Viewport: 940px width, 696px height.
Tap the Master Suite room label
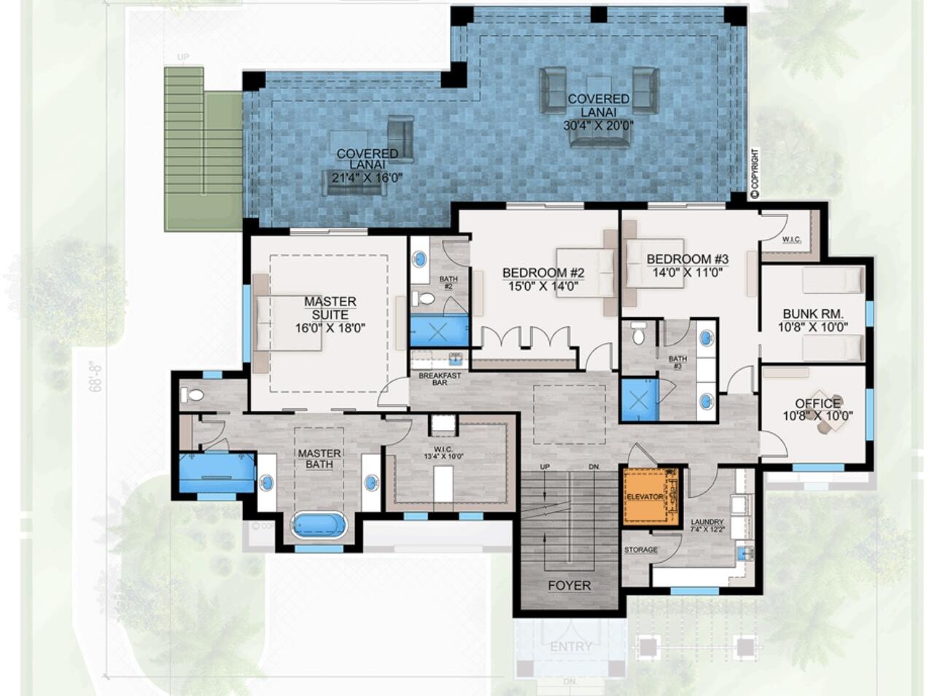coord(330,308)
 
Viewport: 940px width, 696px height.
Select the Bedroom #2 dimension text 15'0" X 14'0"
coord(543,286)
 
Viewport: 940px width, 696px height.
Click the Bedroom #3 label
coord(687,259)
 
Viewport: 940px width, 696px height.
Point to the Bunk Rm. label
coord(812,313)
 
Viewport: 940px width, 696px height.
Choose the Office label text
coord(817,403)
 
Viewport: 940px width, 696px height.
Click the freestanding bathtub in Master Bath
coord(319,525)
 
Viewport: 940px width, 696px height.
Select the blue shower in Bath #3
coord(639,400)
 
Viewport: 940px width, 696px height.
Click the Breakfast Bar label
coord(440,379)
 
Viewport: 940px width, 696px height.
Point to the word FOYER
coord(569,585)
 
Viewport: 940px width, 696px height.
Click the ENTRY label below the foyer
coord(570,646)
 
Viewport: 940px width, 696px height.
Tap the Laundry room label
coord(707,522)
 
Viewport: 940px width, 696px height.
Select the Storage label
coord(640,550)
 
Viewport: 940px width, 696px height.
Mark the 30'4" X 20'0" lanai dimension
coord(598,125)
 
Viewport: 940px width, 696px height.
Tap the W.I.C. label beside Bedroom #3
coord(791,239)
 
